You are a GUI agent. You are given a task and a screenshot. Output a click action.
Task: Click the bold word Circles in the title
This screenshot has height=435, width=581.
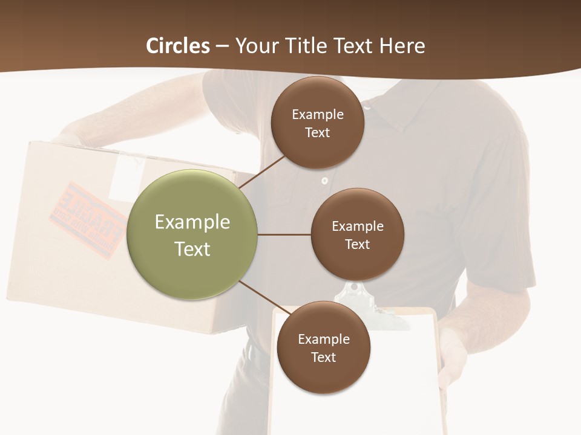click(x=178, y=46)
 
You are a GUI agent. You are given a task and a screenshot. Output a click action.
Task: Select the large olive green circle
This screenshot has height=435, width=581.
click(x=192, y=234)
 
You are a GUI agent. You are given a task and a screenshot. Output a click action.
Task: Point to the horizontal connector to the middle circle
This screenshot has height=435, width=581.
click(x=284, y=234)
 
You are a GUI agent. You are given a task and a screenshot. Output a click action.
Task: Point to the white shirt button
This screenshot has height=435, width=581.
click(x=325, y=180)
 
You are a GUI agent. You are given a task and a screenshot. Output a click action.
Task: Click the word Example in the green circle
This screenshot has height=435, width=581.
click(x=192, y=222)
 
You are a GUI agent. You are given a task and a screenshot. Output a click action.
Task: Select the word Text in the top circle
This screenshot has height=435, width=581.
click(x=317, y=133)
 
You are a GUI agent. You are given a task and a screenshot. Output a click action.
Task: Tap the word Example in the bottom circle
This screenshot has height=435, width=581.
click(x=323, y=339)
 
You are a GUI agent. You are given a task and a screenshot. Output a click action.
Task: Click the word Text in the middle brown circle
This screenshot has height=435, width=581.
click(x=357, y=245)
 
